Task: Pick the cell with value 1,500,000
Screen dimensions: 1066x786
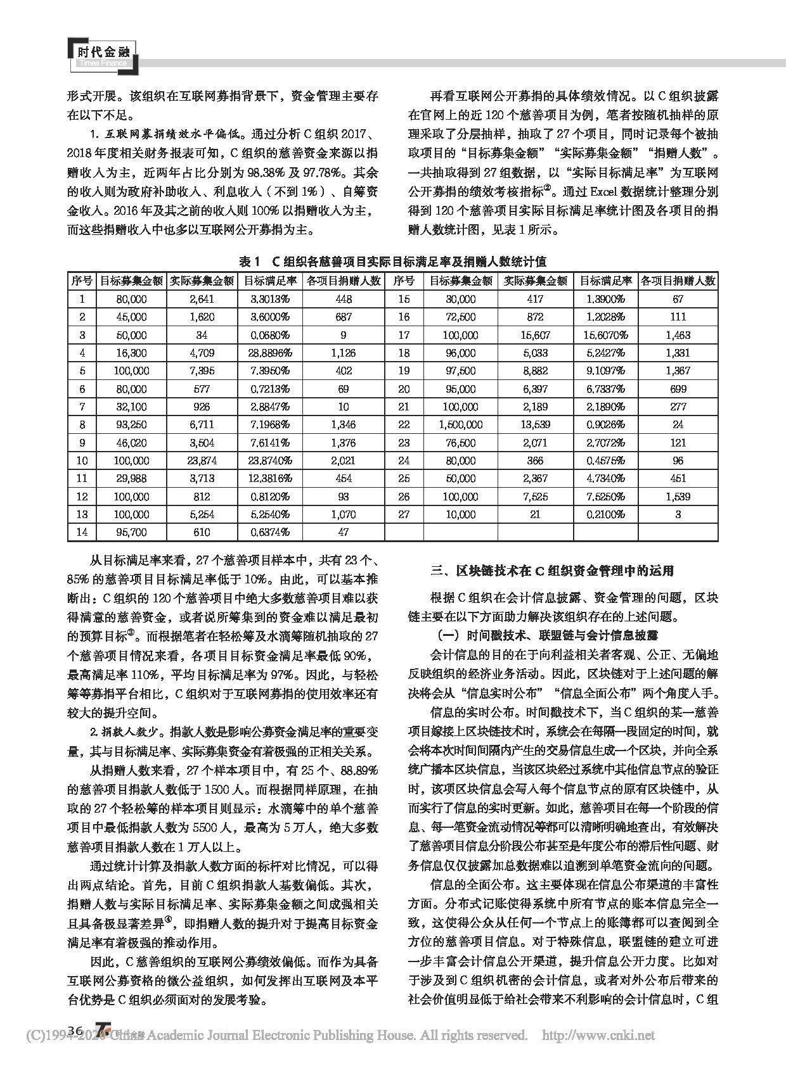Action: (x=460, y=424)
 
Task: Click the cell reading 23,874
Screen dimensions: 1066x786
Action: (x=201, y=460)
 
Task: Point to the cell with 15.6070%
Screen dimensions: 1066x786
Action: (x=605, y=335)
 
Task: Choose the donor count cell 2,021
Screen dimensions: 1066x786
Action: (x=343, y=460)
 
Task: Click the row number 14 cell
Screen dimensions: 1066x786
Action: (x=82, y=532)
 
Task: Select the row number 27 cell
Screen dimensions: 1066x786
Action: (x=404, y=514)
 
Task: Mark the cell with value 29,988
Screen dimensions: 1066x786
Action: (x=131, y=478)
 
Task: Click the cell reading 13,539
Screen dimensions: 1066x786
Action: (x=535, y=424)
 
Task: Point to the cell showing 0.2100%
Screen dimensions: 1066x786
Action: (x=605, y=514)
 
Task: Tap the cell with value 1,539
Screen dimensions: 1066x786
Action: (x=678, y=497)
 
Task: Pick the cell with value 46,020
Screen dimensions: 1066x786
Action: (x=131, y=443)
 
